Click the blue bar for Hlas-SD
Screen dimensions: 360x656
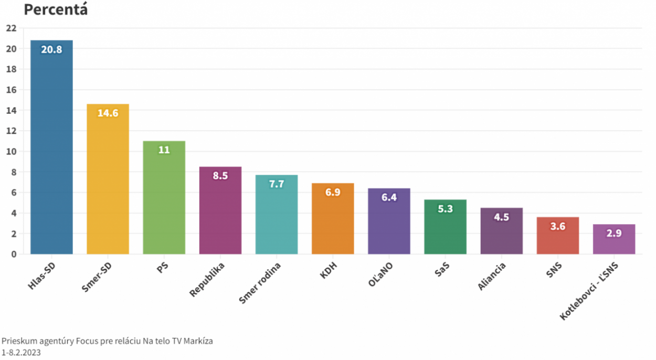[x=51, y=152]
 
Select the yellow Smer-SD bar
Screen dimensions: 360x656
[x=108, y=184]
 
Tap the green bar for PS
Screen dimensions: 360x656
[x=164, y=202]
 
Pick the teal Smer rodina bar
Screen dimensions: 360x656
[x=277, y=218]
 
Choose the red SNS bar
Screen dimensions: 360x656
[x=558, y=239]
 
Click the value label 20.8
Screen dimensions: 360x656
[x=51, y=50]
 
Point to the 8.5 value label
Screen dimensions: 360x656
[x=220, y=176]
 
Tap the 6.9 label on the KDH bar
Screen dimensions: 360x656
[x=333, y=192]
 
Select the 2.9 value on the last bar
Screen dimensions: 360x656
[x=614, y=233]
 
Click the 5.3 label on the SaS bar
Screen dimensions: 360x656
[x=445, y=208]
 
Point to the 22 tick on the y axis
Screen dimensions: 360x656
[x=12, y=28]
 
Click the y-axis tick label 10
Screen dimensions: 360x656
[x=12, y=152]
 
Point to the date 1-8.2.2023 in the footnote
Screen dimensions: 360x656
[x=21, y=353]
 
